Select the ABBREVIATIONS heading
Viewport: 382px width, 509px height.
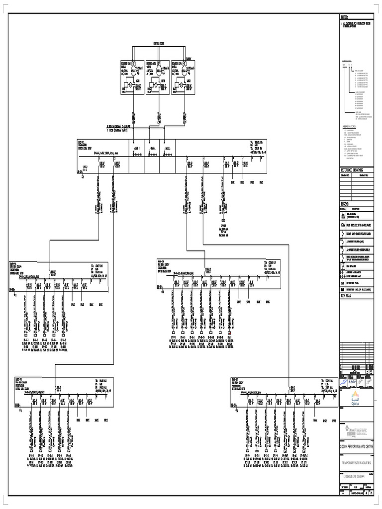point(350,127)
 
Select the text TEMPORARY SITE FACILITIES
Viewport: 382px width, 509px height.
point(355,463)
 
